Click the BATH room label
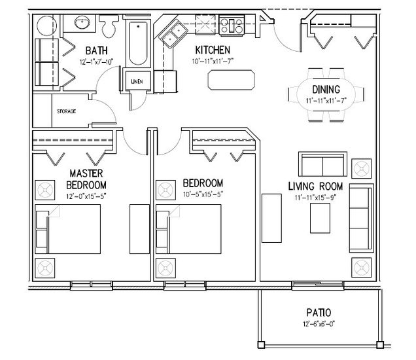click(x=97, y=50)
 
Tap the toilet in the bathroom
click(x=109, y=26)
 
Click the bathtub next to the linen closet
click(x=138, y=43)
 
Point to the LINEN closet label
click(x=137, y=82)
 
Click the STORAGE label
click(x=66, y=111)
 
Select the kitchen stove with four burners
click(x=232, y=26)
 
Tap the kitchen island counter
click(x=231, y=80)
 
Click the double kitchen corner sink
click(x=173, y=33)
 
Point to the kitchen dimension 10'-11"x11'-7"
click(x=213, y=62)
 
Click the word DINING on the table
click(x=326, y=90)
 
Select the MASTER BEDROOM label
click(x=86, y=179)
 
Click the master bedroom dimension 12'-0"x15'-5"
click(x=86, y=196)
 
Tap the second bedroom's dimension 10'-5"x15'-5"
click(x=203, y=194)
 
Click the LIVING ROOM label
click(x=315, y=187)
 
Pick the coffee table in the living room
click(x=321, y=218)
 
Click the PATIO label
click(x=319, y=313)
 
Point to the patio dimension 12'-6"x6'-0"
click(x=319, y=324)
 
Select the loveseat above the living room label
click(x=322, y=164)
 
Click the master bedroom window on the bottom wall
click(x=92, y=285)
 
